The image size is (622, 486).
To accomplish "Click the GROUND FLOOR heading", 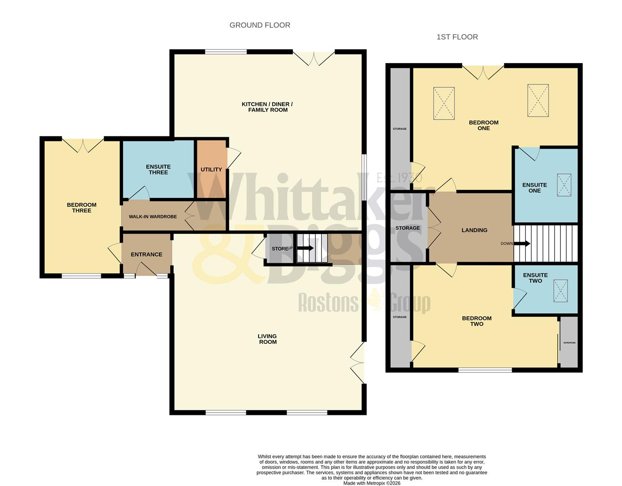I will (260, 25).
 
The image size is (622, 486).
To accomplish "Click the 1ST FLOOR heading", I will (457, 37).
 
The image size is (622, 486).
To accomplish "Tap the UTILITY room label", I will (211, 170).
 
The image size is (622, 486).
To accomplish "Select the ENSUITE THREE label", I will (158, 169).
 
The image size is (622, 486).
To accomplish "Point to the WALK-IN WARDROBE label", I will (153, 217).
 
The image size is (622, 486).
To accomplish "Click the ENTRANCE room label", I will (146, 255).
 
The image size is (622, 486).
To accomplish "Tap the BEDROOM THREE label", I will (82, 207).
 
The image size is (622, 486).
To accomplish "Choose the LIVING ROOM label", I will (268, 339).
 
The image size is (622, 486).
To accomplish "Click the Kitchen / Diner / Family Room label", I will (268, 107).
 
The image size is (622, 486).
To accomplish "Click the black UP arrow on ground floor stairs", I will (306, 248).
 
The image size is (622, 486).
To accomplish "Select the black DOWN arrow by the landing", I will (522, 243).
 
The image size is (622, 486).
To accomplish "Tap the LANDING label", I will (474, 230).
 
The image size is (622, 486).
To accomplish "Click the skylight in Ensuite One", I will (564, 185).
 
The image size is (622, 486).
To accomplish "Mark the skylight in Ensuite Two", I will (561, 291).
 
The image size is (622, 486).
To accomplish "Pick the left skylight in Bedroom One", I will (444, 103).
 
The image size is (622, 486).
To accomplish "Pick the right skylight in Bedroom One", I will (538, 100).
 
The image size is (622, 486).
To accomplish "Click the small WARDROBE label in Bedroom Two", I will (569, 343).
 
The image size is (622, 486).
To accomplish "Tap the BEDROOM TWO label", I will (477, 321).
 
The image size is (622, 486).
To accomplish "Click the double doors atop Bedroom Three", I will (83, 144).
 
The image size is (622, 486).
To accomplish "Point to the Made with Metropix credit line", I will (372, 483).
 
